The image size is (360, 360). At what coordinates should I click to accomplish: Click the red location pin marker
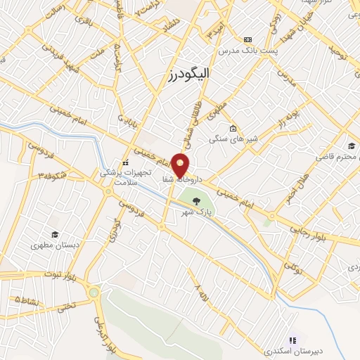point(181,165)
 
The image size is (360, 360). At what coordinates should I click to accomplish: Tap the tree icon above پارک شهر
point(206,201)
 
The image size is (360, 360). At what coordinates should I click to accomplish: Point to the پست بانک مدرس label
point(247,51)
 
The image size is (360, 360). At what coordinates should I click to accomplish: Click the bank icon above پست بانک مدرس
point(247,39)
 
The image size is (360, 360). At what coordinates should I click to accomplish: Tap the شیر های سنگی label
point(233,139)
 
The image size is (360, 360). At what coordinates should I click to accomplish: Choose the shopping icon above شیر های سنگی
point(233,129)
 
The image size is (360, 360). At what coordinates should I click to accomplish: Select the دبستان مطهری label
point(53,246)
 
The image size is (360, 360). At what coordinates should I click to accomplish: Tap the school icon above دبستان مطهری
point(54,235)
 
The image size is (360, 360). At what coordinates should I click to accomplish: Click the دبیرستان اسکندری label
point(290,349)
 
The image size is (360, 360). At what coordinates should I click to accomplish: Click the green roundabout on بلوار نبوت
point(94,292)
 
